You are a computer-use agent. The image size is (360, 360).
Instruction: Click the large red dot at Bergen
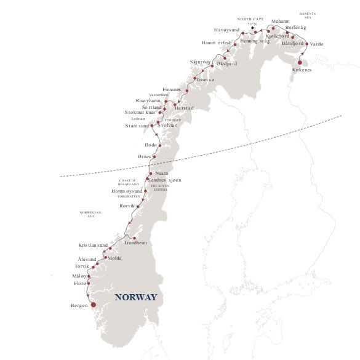pyautogui.click(x=94, y=304)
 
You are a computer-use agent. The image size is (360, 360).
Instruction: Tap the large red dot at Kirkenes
pyautogui.click(x=300, y=62)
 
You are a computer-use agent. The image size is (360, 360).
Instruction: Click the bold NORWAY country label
pyautogui.click(x=136, y=297)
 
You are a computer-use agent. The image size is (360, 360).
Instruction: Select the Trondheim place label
pyautogui.click(x=135, y=243)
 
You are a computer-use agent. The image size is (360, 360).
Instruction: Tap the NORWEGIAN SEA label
pyautogui.click(x=90, y=214)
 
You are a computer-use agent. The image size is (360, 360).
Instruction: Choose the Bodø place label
pyautogui.click(x=150, y=144)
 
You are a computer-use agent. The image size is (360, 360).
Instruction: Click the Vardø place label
pyautogui.click(x=316, y=44)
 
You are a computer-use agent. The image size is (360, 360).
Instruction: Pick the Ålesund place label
pyautogui.click(x=87, y=260)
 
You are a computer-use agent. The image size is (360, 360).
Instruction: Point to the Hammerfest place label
pyautogui.click(x=216, y=42)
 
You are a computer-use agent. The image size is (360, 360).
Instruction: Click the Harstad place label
pyautogui.click(x=184, y=108)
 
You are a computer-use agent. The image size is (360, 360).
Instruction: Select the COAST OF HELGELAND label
pyautogui.click(x=127, y=182)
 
